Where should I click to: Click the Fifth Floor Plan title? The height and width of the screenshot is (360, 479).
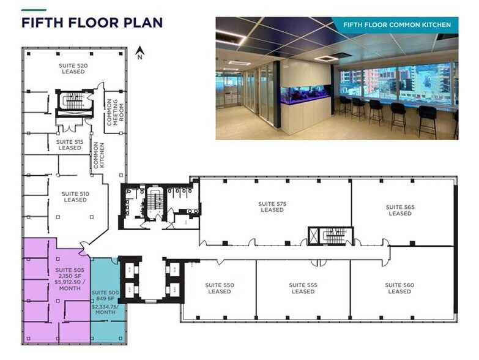point(92,23)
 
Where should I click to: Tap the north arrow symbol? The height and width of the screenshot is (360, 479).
point(139,53)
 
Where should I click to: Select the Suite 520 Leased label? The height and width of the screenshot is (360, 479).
point(73,68)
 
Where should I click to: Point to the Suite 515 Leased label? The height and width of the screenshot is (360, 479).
point(70,144)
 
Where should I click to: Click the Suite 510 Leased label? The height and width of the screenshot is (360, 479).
point(75,197)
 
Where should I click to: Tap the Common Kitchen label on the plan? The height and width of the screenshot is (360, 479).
point(96,155)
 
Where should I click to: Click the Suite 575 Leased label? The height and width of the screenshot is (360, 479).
point(272,206)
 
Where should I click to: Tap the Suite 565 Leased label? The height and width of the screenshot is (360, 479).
point(400,210)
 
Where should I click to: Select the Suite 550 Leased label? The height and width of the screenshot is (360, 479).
point(220,288)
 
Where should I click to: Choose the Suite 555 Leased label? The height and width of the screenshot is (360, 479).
point(303,288)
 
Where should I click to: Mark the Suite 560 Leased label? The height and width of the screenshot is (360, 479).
point(399,288)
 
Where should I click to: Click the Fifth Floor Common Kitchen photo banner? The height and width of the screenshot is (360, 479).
point(397,25)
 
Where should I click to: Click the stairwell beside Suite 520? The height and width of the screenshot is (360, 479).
point(74,103)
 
